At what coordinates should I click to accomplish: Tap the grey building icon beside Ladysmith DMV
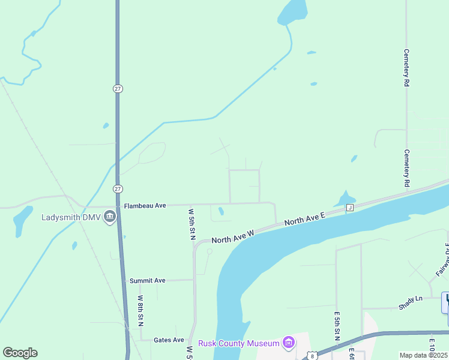[x=109, y=217]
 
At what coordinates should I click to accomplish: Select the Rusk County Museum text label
[x=240, y=343]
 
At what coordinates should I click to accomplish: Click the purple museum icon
[x=289, y=343]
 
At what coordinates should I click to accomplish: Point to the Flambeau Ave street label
[x=145, y=206]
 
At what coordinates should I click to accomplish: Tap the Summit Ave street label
[x=147, y=280]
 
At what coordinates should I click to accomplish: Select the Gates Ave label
[x=169, y=340]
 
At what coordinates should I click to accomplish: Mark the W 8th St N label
[x=140, y=310]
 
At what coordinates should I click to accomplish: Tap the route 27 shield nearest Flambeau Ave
[x=118, y=188]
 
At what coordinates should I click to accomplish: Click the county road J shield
[x=349, y=208]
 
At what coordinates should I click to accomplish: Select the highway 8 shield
[x=312, y=355]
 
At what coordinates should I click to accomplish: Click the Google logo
[x=20, y=352]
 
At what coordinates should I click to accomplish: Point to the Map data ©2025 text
[x=424, y=355]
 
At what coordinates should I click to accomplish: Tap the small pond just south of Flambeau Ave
[x=221, y=211]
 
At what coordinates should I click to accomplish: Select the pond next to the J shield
[x=345, y=199]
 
